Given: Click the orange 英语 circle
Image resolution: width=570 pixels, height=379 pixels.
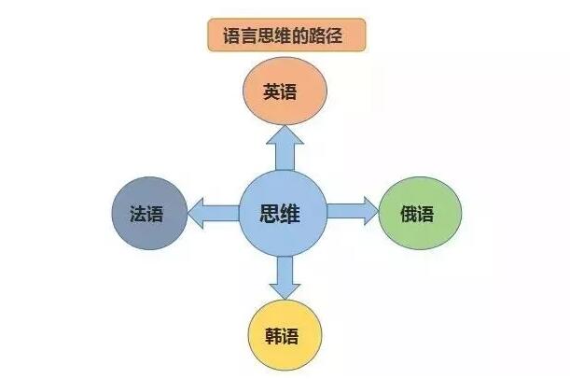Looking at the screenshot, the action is click(x=285, y=91).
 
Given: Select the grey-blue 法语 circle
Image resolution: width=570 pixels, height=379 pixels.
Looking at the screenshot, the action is click(x=149, y=213).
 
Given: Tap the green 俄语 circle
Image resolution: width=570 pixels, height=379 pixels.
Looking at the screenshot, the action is click(x=420, y=213).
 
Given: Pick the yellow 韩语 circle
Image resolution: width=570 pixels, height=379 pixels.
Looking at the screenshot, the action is click(x=285, y=335).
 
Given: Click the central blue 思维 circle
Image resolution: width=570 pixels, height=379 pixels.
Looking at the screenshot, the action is click(x=283, y=214).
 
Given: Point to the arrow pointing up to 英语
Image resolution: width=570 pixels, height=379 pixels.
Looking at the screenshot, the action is click(x=285, y=148).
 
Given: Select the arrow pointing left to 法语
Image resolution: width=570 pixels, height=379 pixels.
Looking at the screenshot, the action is click(x=214, y=213).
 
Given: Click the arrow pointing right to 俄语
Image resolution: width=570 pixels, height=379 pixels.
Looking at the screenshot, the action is click(x=353, y=211).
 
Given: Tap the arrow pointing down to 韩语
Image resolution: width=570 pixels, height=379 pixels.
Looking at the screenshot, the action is click(x=285, y=278).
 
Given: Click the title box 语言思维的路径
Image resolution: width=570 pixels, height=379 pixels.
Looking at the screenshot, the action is click(x=286, y=35).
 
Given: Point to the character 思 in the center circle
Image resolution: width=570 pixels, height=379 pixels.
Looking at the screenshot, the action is click(x=270, y=214).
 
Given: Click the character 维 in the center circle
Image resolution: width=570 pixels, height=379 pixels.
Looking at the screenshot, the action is click(x=290, y=214).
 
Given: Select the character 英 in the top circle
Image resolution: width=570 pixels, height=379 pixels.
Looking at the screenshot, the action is click(x=271, y=91).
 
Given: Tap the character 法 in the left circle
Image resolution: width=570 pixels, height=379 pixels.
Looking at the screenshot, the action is click(x=138, y=214).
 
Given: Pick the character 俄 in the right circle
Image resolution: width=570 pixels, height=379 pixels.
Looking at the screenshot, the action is click(x=409, y=214).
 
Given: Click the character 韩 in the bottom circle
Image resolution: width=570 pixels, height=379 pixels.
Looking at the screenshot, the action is click(x=273, y=336).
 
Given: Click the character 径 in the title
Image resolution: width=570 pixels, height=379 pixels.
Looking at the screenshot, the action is click(x=334, y=36).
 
